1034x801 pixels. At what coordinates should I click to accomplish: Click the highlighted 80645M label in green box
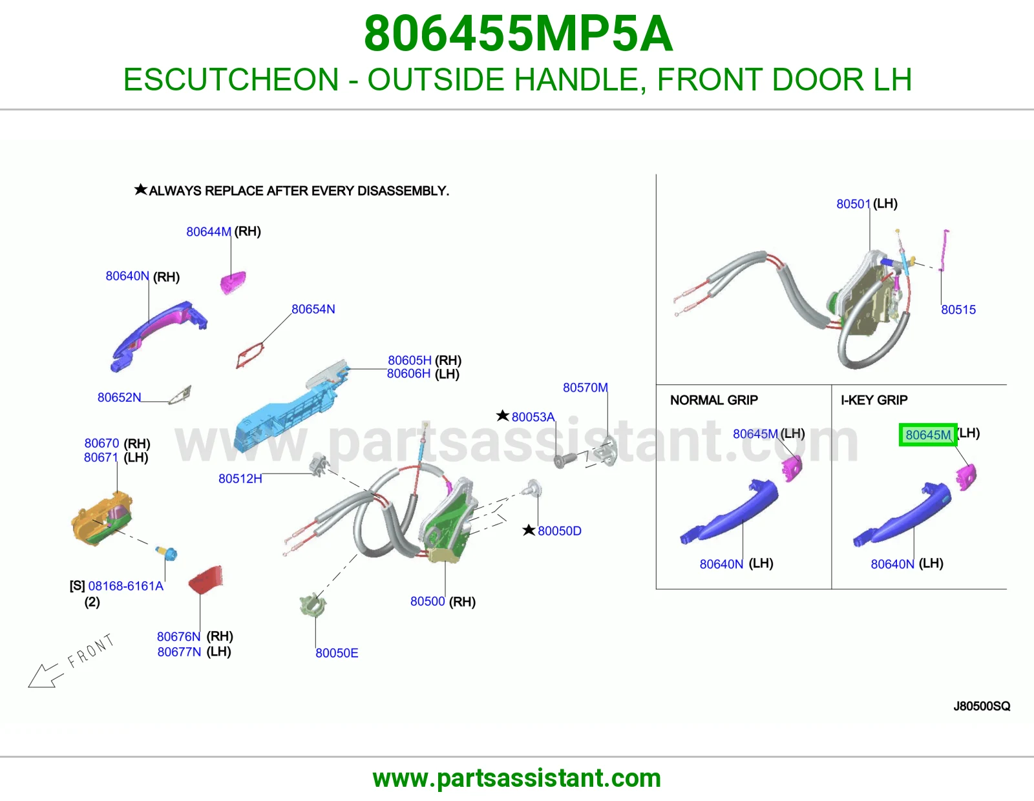(928, 435)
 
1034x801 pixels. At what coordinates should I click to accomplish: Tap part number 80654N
(313, 309)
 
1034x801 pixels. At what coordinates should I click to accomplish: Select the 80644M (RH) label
(223, 232)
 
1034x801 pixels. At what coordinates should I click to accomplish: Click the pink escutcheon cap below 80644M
(233, 282)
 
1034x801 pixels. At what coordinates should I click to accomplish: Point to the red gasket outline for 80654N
(250, 355)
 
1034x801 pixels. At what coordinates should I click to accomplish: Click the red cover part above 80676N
(206, 579)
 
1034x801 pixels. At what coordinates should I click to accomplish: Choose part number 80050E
(337, 653)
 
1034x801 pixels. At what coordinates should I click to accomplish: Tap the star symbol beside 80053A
(503, 416)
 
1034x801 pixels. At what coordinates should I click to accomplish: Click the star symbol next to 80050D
(529, 530)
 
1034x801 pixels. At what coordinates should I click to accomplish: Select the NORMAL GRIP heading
(713, 400)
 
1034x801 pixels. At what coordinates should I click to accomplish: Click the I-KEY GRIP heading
(874, 400)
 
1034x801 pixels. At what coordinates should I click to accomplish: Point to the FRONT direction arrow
(45, 676)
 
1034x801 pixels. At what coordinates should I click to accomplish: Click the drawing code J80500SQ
(982, 706)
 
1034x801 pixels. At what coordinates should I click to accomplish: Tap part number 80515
(958, 309)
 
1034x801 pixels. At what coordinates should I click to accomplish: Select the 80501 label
(853, 204)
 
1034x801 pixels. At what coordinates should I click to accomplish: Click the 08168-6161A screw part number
(125, 586)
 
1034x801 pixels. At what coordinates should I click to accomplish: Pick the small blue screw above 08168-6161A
(167, 553)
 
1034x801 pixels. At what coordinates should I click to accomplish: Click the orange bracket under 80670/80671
(101, 519)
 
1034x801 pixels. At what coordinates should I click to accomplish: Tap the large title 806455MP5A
(518, 34)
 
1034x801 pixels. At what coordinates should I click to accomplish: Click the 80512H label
(240, 479)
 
